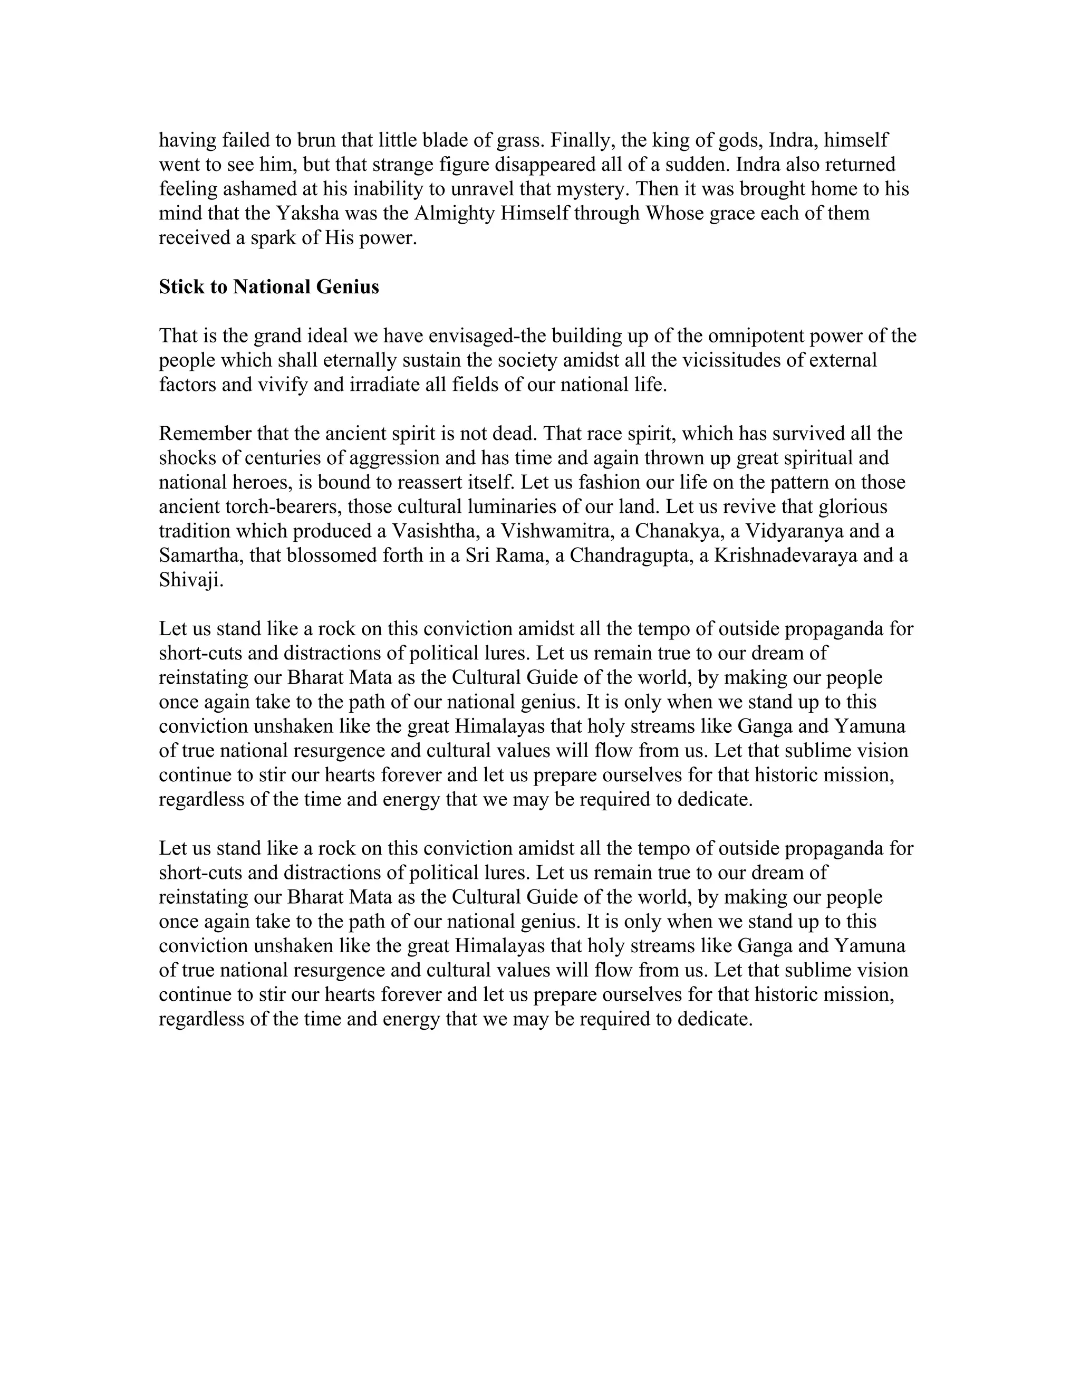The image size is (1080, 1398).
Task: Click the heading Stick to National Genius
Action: coord(269,287)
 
